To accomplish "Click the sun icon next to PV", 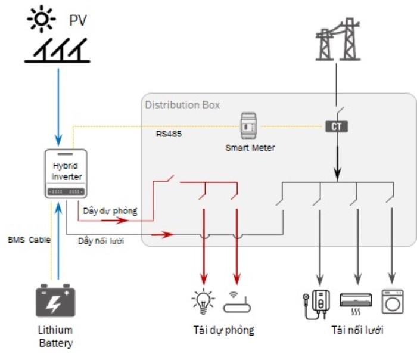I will point(42,20).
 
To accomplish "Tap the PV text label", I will point(77,21).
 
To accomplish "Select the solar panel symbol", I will point(58,51).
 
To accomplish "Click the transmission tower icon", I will point(335,41).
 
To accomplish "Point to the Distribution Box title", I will point(182,105).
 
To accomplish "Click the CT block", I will point(336,126).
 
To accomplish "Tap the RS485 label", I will point(169,134).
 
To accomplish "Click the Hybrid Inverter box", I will point(67,173).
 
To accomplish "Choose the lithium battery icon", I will point(56,300).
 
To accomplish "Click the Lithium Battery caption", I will point(55,336).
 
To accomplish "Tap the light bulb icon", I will point(203,301).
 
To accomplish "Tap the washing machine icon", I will point(392,300).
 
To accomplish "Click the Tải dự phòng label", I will point(223,330).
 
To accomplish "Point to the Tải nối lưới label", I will point(357,330).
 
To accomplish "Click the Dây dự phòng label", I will point(110,210).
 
